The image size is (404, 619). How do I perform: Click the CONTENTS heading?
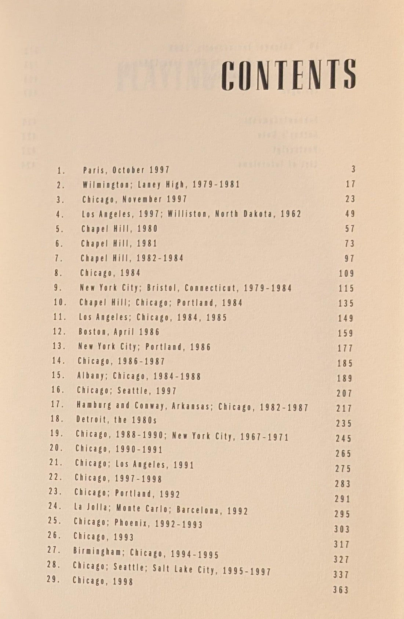(x=290, y=75)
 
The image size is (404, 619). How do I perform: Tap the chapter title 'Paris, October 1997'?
(x=126, y=170)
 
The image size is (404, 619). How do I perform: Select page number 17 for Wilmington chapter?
(x=350, y=184)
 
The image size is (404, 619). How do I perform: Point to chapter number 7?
(x=59, y=258)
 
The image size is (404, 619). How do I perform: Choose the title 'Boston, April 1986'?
(x=119, y=332)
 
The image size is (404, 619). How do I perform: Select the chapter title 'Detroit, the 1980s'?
(x=116, y=420)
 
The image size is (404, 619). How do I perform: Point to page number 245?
(x=343, y=439)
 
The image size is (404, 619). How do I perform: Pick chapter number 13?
(x=59, y=346)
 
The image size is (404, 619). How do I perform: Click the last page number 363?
(x=341, y=590)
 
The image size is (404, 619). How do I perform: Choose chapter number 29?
(x=54, y=579)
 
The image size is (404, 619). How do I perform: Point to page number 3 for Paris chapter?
(x=353, y=169)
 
